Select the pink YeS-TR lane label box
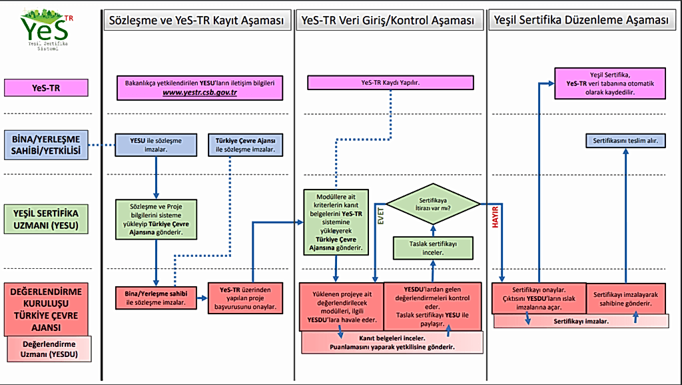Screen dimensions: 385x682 [46, 87]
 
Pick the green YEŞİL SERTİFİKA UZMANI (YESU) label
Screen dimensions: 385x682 [46, 219]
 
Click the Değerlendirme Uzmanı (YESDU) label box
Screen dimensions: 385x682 [47, 349]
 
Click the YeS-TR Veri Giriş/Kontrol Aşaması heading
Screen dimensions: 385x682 [391, 21]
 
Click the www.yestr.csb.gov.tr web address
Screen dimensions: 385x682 [200, 93]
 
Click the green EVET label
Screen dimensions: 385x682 [382, 218]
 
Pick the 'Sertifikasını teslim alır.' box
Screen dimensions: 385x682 [625, 141]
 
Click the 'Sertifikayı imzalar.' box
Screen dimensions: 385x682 [581, 321]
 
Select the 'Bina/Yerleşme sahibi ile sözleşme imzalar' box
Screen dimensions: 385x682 [157, 298]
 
